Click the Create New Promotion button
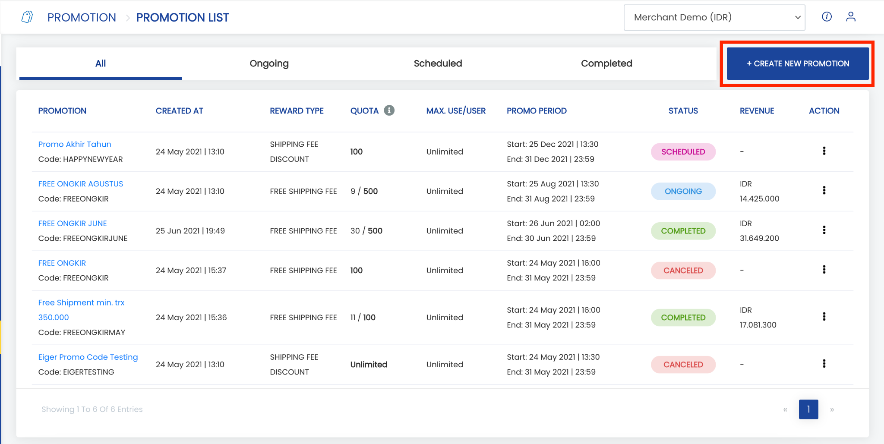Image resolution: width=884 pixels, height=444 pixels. pos(798,63)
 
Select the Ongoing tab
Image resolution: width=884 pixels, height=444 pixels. pos(269,63)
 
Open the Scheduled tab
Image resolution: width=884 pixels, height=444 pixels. pos(438,63)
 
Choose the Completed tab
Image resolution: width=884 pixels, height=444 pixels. pos(606,63)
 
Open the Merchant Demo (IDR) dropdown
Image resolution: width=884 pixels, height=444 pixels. pos(714,17)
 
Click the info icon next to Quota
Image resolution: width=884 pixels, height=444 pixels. pos(389,110)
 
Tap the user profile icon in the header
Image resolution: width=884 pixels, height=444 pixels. pos(851,17)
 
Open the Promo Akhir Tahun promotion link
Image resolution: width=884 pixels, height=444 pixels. pos(75,144)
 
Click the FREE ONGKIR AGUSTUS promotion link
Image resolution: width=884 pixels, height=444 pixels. pos(81,184)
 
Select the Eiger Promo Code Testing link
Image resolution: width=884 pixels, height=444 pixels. pos(88,357)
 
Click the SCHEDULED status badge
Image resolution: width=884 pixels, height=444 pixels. pos(683,152)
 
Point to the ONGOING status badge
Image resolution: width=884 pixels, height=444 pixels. pos(683,191)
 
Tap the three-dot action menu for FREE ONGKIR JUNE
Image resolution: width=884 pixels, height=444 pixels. pos(824,230)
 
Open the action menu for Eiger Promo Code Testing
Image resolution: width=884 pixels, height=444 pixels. pos(824,364)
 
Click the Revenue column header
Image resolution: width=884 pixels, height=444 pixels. pos(757,111)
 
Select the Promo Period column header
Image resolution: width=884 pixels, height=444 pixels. pos(537,111)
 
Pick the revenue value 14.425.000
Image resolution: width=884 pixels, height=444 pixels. pos(760,199)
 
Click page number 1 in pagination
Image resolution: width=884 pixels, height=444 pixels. pos(808,409)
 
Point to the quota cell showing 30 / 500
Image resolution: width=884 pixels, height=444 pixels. pos(366,231)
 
